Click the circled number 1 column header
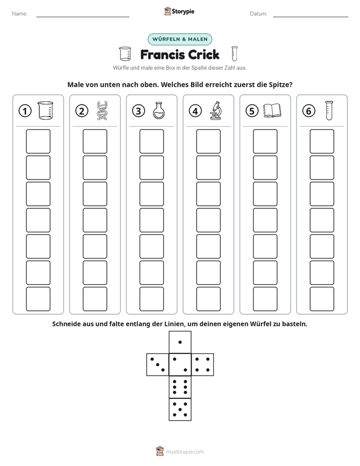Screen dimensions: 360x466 pyautogui.click(x=25, y=111)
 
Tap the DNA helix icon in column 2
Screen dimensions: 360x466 pyautogui.click(x=102, y=111)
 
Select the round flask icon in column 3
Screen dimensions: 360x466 pyautogui.click(x=159, y=110)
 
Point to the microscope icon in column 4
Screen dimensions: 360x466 pyautogui.click(x=216, y=110)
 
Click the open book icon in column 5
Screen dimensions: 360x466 pyautogui.click(x=272, y=110)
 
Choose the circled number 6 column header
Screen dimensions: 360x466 pyautogui.click(x=309, y=111)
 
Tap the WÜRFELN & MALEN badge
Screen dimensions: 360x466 pyautogui.click(x=180, y=39)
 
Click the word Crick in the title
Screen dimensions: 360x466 pyautogui.click(x=204, y=54)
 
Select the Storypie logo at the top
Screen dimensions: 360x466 pyautogui.click(x=179, y=11)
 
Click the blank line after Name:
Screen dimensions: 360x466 pyautogui.click(x=83, y=17)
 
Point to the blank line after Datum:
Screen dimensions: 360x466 pyautogui.click(x=311, y=17)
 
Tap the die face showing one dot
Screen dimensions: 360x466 pyautogui.click(x=180, y=342)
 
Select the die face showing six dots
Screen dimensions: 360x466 pyautogui.click(x=180, y=387)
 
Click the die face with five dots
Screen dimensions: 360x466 pyautogui.click(x=180, y=410)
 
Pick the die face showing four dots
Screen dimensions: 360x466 pyautogui.click(x=203, y=365)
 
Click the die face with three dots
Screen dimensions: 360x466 pyautogui.click(x=158, y=365)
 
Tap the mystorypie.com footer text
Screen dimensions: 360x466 pyautogui.click(x=185, y=452)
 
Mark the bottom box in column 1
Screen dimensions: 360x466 pyautogui.click(x=38, y=299)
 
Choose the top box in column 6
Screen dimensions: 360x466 pyautogui.click(x=322, y=141)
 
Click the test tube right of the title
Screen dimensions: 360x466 pyautogui.click(x=234, y=54)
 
